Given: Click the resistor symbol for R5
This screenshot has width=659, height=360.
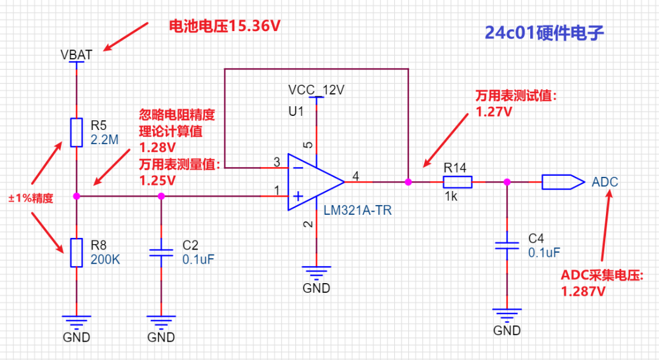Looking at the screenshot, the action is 76,132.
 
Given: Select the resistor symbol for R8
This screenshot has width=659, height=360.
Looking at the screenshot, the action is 76,253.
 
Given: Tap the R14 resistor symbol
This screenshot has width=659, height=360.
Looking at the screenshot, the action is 458,182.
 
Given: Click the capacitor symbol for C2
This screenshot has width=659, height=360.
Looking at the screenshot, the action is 161,253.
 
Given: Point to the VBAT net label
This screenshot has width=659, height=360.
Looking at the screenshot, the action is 76,54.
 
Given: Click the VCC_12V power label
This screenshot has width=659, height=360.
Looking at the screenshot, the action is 316,90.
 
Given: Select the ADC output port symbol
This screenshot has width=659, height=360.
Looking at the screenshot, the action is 563,182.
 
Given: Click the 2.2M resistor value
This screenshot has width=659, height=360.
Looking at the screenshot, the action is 105,140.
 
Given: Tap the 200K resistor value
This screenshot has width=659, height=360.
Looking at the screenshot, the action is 105,259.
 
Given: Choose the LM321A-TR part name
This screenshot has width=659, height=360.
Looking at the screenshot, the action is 358,210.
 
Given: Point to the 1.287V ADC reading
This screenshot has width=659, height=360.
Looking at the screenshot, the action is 583,291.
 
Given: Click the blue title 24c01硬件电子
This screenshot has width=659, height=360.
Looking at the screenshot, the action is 544,33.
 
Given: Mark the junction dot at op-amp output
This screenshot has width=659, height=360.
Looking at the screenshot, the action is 408,182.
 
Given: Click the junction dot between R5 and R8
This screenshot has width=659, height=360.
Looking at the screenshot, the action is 76,196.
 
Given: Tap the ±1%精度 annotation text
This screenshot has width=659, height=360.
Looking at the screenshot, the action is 31,198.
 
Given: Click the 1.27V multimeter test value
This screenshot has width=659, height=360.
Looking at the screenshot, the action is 494,112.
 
